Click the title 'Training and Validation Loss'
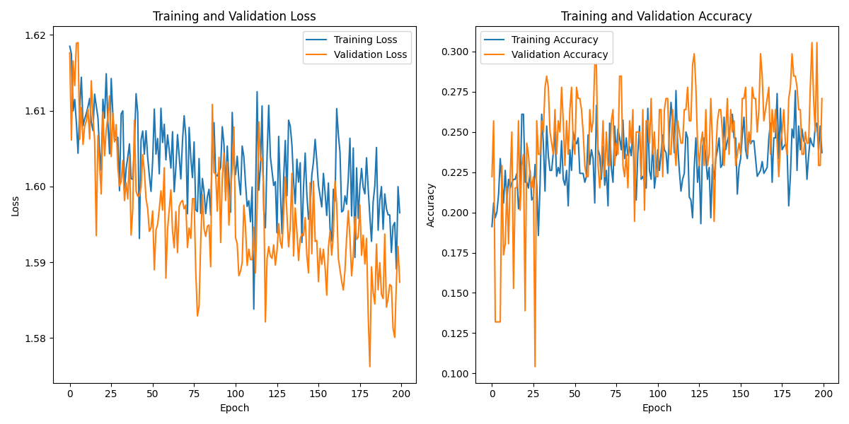coord(234,16)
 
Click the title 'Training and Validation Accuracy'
coord(657,16)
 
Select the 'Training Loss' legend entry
coord(365,40)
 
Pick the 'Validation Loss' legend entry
coord(370,54)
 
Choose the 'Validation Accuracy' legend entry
coord(560,54)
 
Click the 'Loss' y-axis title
coord(15,206)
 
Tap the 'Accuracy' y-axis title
coord(431,206)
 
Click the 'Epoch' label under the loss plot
coord(234,408)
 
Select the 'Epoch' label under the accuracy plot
coord(657,408)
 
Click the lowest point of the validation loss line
coord(369,366)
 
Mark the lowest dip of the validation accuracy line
coord(535,367)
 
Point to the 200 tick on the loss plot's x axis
coord(401,393)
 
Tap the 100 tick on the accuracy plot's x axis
coord(658,393)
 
